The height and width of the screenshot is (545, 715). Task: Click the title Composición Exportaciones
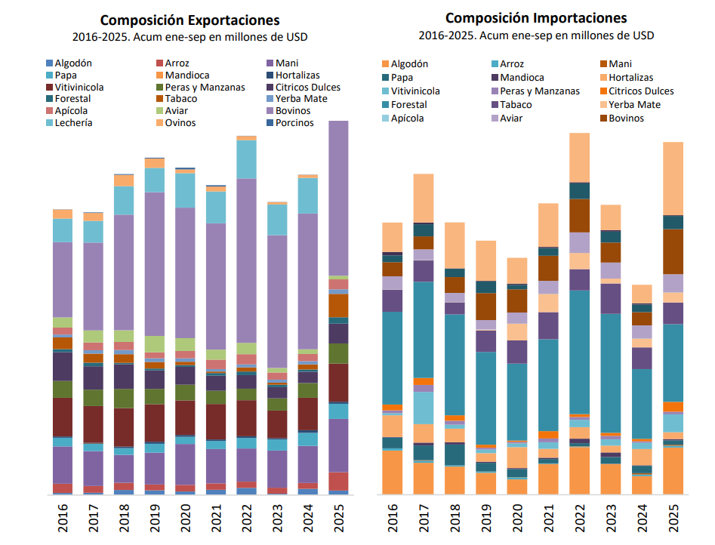(x=190, y=20)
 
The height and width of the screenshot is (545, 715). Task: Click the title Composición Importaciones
(x=536, y=18)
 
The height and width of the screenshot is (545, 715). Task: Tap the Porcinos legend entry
(x=294, y=123)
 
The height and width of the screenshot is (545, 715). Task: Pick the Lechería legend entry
(x=73, y=123)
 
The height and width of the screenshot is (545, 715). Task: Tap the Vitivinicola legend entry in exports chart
(x=79, y=88)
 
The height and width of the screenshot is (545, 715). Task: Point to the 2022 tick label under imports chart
(x=580, y=521)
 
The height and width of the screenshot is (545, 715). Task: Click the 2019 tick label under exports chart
(x=155, y=521)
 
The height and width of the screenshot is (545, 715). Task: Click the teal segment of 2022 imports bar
(x=580, y=351)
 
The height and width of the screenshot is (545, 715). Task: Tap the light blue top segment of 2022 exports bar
(x=247, y=159)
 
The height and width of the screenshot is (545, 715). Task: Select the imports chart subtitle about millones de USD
(x=536, y=35)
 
